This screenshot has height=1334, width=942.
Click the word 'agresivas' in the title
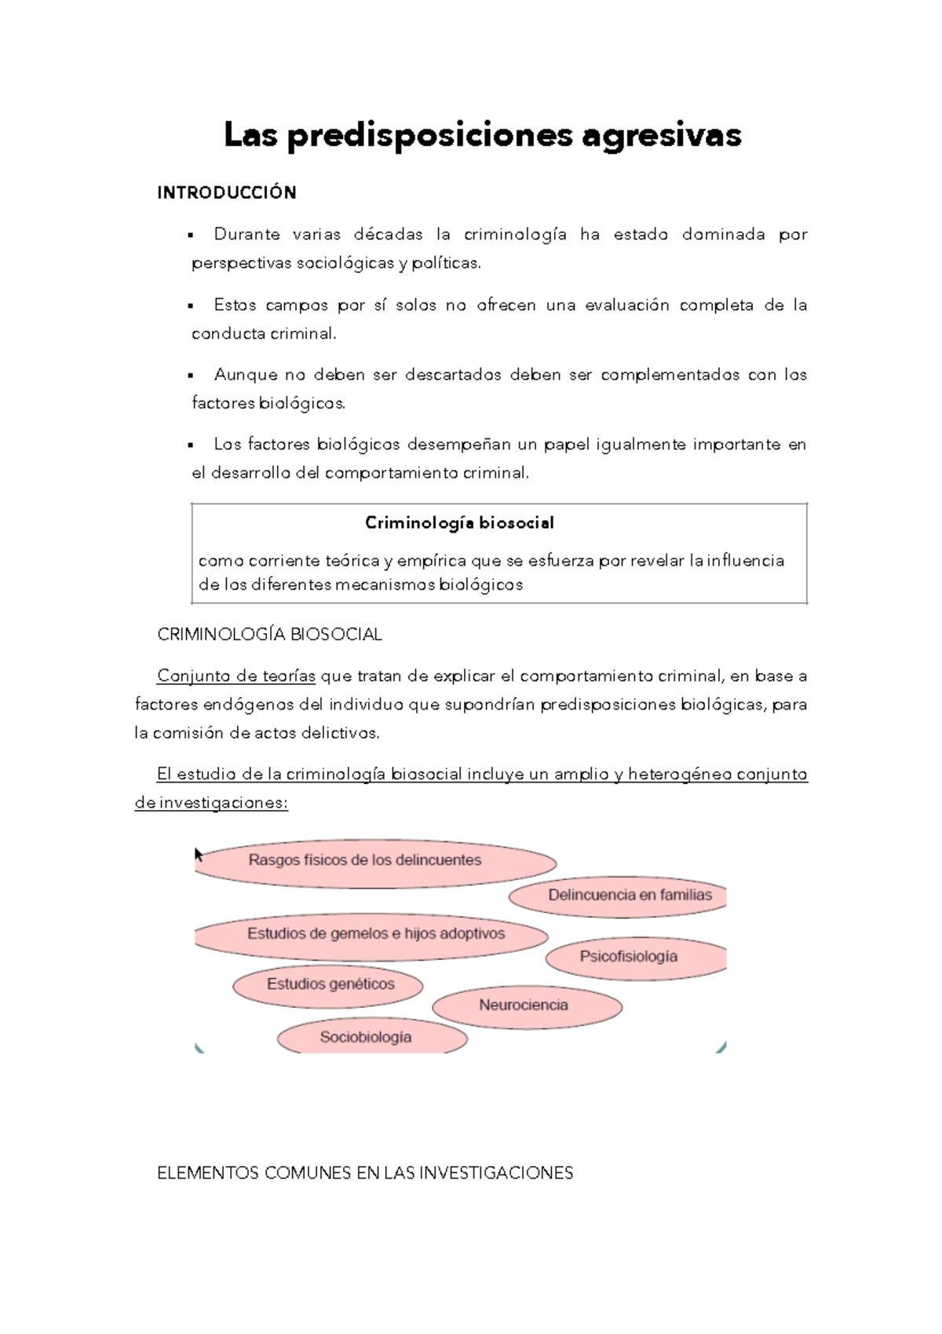(x=661, y=135)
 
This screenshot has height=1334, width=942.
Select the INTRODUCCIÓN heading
(x=226, y=193)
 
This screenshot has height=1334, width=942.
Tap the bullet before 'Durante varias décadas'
(x=191, y=236)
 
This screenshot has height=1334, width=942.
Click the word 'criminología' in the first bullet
(x=515, y=234)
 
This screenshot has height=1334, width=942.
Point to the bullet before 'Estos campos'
(x=191, y=306)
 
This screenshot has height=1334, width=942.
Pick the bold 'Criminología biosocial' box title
(x=459, y=523)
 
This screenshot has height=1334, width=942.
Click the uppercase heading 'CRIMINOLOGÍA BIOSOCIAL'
(x=269, y=635)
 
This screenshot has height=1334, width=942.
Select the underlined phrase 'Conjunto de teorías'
(x=235, y=676)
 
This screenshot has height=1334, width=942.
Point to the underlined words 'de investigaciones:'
(x=211, y=803)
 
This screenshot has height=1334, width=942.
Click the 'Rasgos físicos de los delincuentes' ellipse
(x=365, y=861)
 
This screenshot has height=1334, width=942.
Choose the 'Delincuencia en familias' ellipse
(x=630, y=896)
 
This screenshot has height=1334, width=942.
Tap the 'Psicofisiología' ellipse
(x=629, y=957)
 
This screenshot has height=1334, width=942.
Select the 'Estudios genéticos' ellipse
(x=330, y=984)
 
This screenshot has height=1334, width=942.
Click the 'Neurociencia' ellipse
(x=524, y=1006)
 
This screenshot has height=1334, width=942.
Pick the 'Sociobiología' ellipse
(x=366, y=1037)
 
